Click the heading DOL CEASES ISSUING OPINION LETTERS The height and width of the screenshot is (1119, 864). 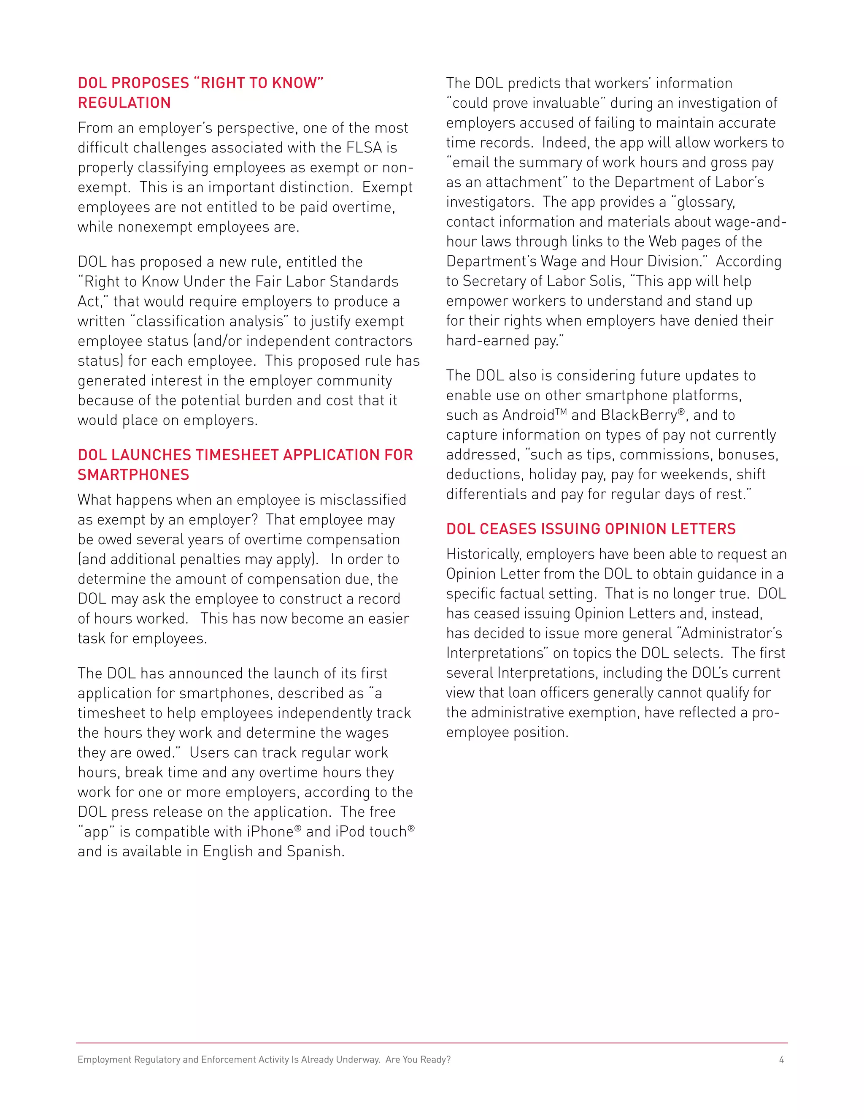click(x=591, y=529)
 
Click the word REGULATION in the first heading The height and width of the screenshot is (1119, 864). click(x=124, y=103)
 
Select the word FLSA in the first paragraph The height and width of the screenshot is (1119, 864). click(x=364, y=147)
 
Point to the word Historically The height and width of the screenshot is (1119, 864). click(x=483, y=554)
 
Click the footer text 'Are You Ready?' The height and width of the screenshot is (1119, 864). click(x=418, y=1059)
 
